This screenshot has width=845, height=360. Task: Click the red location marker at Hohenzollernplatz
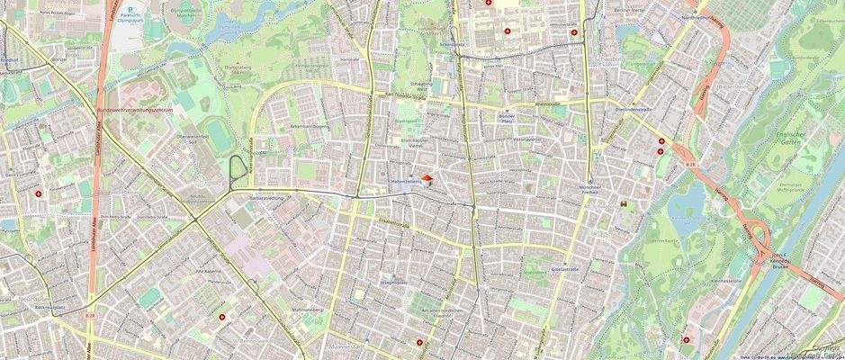click(427, 180)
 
